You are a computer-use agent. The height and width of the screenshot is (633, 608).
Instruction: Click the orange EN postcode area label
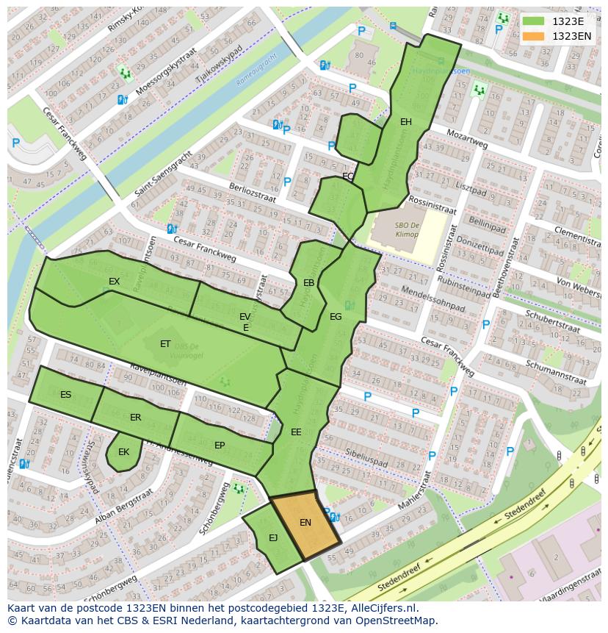305,523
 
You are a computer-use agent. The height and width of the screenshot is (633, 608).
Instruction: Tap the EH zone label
405,122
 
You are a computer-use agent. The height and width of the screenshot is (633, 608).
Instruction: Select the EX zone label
114,282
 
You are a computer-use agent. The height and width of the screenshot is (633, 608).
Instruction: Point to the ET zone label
165,344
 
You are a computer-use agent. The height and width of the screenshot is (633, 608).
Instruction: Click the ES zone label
65,395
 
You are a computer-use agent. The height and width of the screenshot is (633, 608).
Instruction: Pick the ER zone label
135,418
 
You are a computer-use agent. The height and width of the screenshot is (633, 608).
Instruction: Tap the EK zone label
123,452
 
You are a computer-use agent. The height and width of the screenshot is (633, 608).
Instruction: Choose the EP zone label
220,446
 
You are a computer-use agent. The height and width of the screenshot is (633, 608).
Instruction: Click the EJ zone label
273,538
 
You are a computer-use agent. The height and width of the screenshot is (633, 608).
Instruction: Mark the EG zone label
336,317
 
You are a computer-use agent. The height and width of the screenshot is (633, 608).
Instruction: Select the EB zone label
308,283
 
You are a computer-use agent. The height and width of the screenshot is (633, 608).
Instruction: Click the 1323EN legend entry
571,36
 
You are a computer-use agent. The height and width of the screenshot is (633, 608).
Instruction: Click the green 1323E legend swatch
534,22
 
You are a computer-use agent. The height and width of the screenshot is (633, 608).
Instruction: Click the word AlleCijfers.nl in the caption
382,608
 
